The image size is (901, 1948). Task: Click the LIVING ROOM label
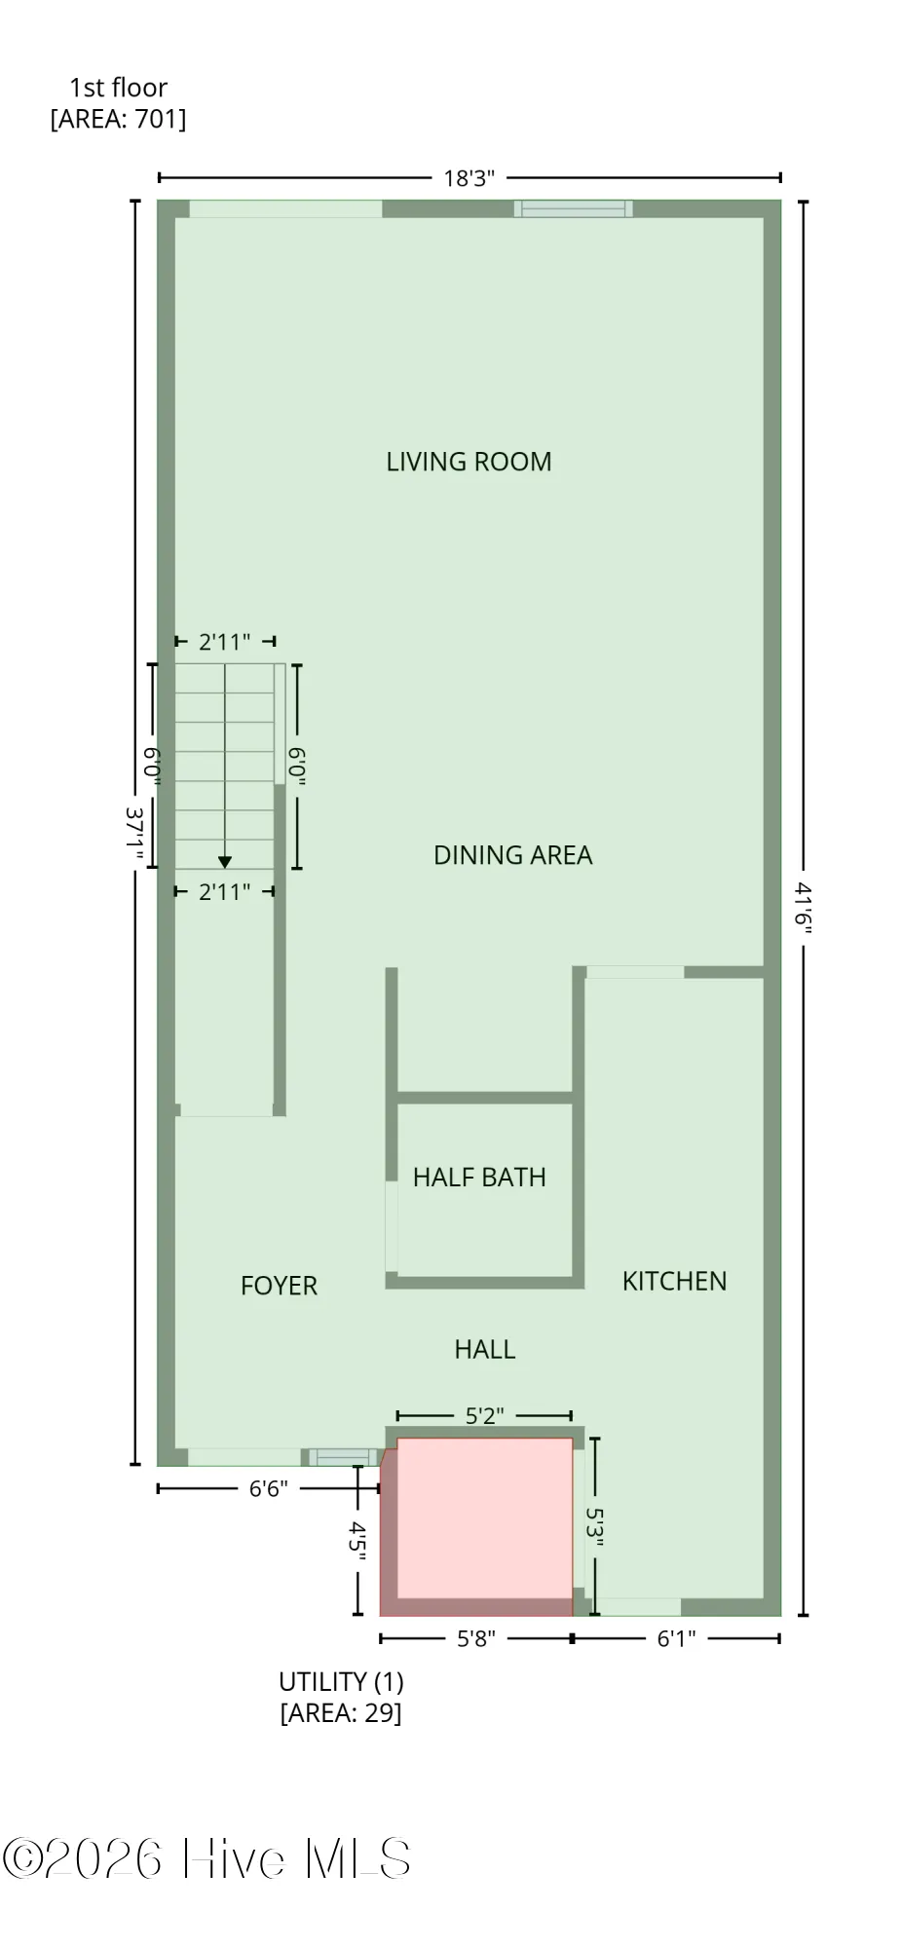[x=469, y=462]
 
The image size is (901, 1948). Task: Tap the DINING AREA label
[x=512, y=855]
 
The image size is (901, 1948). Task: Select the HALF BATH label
[x=479, y=1178]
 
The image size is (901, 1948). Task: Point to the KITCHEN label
[x=675, y=1281]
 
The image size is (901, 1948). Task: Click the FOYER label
[x=280, y=1286]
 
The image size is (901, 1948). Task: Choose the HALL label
[x=485, y=1349]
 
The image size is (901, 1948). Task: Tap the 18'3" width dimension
[x=469, y=178]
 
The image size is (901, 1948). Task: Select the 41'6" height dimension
[x=803, y=908]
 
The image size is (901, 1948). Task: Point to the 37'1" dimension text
[x=136, y=835]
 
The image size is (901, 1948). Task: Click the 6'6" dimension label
[x=268, y=1489]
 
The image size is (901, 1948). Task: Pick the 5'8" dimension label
[x=476, y=1639]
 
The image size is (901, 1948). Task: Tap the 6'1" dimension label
[x=676, y=1639]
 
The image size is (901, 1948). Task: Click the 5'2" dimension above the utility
[x=484, y=1415]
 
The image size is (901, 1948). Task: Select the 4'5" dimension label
[x=357, y=1541]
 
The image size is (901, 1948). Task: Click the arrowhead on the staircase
[x=225, y=862]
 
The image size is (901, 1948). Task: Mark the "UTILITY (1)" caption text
[x=341, y=1682]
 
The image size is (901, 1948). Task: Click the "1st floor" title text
[x=118, y=88]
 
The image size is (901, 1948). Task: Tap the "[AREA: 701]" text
[x=118, y=119]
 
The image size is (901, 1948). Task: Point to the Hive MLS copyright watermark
[x=206, y=1858]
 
